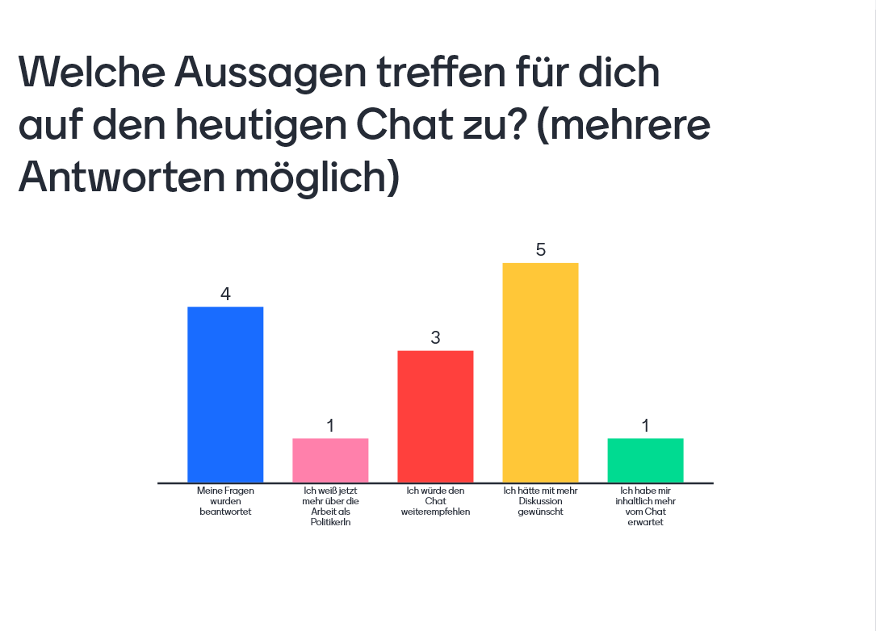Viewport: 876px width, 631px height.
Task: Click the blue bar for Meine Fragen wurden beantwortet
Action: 225,395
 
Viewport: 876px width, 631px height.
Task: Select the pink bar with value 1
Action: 330,460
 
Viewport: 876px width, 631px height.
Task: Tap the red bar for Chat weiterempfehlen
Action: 435,416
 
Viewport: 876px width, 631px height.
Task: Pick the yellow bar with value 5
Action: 540,373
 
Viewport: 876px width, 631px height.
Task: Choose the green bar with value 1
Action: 645,460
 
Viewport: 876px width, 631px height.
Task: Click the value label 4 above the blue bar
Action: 225,295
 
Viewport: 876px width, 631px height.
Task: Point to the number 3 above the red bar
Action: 435,338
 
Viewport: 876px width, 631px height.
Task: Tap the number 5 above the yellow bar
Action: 540,250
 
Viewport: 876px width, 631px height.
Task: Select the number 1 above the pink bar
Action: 330,426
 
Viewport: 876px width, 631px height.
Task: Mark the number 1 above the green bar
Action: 645,426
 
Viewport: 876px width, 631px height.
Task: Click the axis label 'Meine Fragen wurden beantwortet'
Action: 225,501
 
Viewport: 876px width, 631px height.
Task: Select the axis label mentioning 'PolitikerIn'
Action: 330,507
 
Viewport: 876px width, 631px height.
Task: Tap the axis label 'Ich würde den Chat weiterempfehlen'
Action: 435,501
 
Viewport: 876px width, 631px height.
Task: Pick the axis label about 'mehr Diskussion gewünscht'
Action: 540,501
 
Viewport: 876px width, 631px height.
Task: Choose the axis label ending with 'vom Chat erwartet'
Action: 645,507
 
